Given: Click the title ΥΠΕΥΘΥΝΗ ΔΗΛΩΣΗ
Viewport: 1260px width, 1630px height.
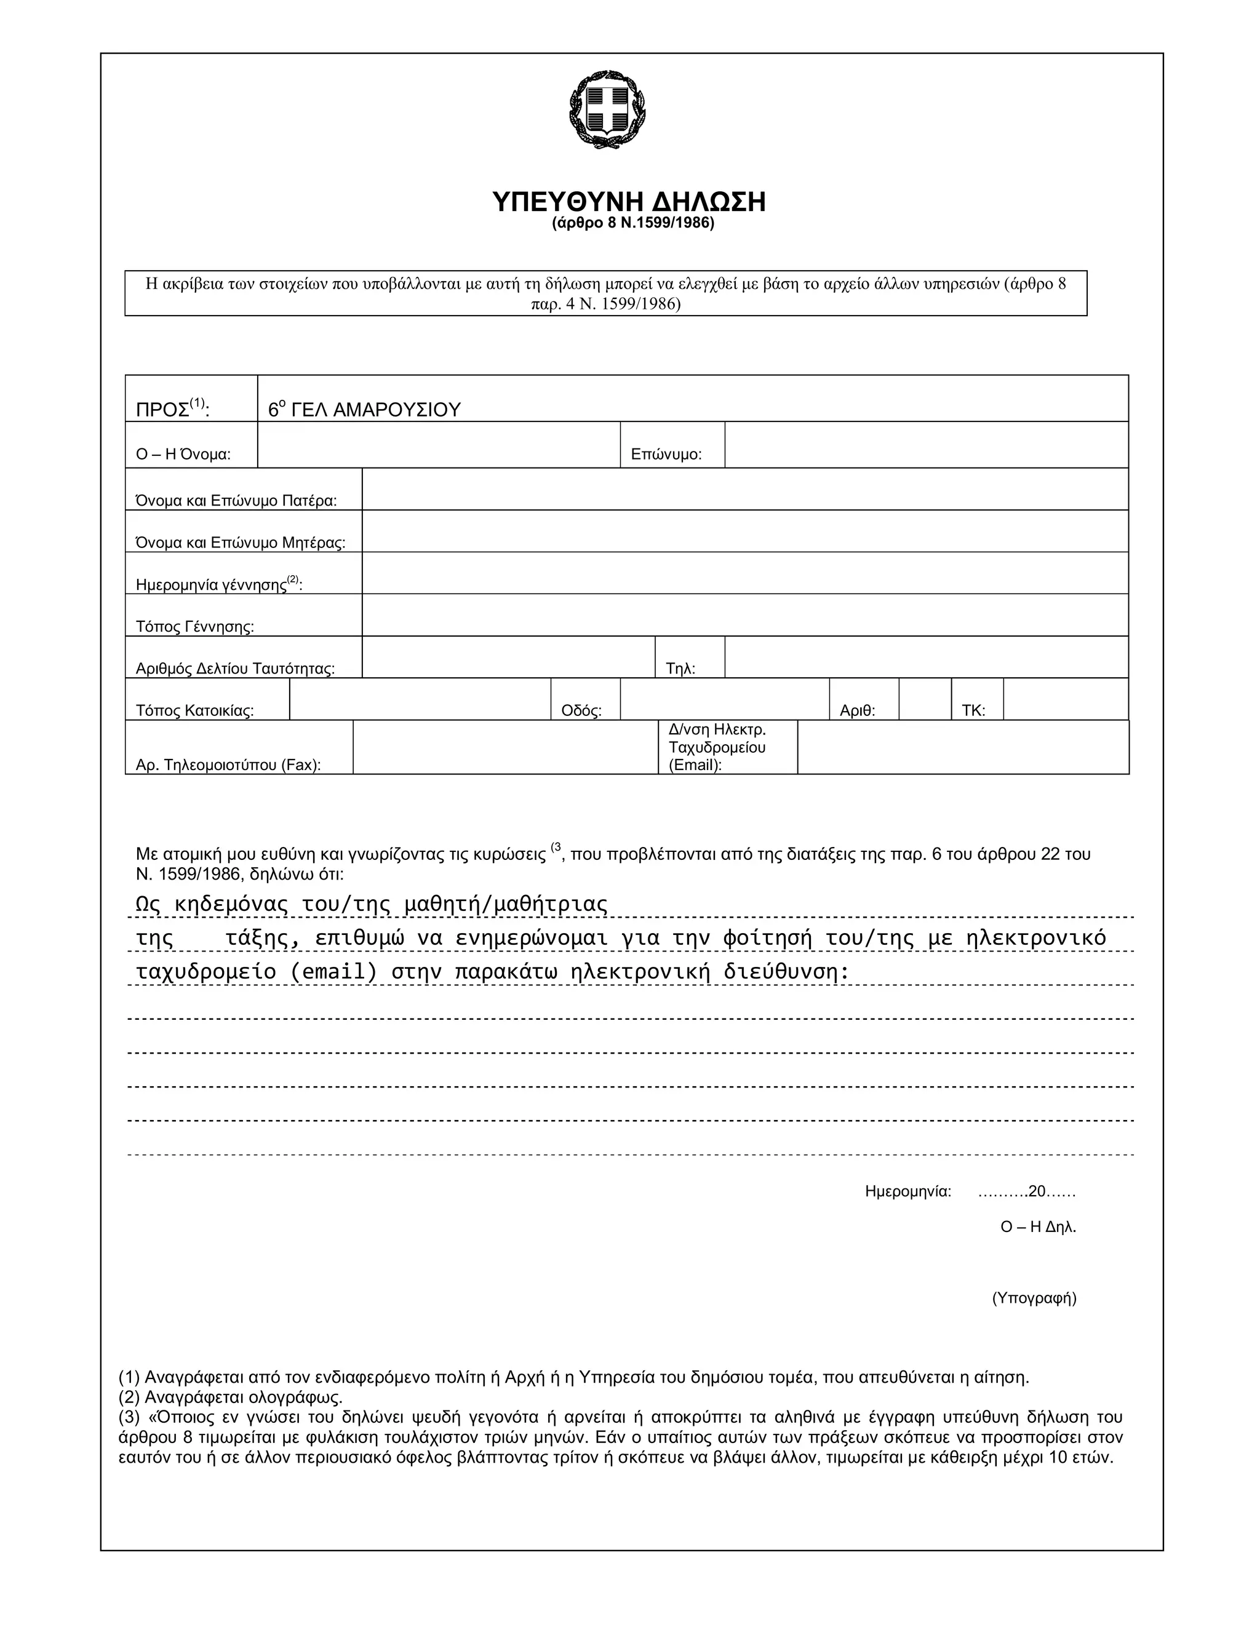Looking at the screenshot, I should [629, 202].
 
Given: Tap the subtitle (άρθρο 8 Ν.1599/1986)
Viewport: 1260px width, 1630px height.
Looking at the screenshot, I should [633, 223].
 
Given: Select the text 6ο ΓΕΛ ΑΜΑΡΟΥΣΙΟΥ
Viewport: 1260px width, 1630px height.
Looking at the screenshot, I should [364, 409].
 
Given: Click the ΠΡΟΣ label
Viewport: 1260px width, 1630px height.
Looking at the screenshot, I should [172, 409].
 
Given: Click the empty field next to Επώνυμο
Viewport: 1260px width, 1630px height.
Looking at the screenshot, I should [925, 445].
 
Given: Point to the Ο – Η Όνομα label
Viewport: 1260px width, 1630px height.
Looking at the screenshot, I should [183, 455].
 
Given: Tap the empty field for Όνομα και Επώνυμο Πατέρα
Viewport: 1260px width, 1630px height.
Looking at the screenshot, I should [744, 490].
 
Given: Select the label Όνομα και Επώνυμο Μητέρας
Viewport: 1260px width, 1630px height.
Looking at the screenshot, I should [241, 543].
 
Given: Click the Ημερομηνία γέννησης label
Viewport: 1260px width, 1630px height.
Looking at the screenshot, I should [218, 584].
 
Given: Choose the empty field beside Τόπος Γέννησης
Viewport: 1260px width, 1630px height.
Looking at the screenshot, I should [744, 615].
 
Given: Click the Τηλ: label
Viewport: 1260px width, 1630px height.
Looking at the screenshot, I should [680, 669].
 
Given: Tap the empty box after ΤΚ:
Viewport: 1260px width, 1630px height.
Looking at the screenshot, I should [1065, 699].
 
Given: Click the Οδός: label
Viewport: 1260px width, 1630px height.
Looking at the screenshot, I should [581, 710].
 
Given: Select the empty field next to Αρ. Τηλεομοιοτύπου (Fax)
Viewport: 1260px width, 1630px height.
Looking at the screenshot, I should [505, 747].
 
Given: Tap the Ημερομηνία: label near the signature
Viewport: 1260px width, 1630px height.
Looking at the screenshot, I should [907, 1191].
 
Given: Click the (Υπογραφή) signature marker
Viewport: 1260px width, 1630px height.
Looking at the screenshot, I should [1034, 1298].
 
